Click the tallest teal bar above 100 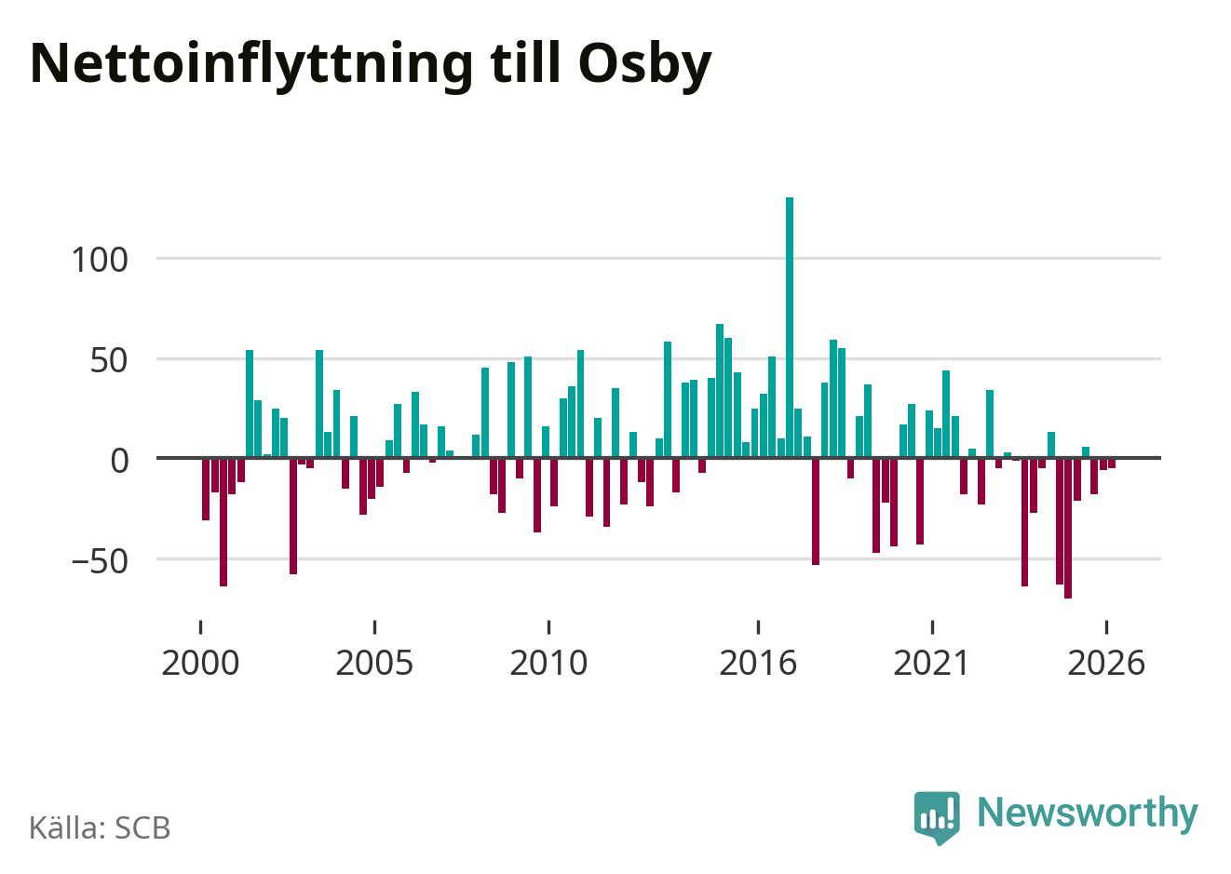(789, 327)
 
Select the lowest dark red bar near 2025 (1068, 529)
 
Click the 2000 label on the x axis (200, 664)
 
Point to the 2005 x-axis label (374, 664)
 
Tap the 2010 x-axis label (548, 664)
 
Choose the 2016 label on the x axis (758, 664)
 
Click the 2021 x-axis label (931, 664)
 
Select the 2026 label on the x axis (1106, 664)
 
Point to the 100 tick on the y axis (100, 260)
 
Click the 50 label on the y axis (109, 361)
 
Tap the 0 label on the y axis (119, 461)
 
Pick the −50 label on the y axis (100, 561)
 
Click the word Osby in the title (645, 65)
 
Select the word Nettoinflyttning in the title (251, 65)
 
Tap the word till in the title (525, 62)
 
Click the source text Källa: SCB (100, 827)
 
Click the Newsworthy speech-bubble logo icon (937, 817)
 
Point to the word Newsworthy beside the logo (1088, 813)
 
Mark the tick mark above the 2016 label (758, 627)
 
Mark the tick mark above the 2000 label (200, 627)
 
